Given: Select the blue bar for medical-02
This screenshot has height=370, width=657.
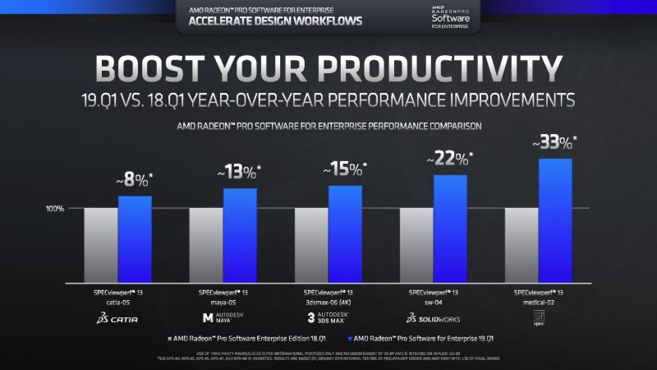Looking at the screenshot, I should pos(554,220).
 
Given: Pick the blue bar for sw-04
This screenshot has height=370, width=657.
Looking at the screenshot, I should pos(450,229).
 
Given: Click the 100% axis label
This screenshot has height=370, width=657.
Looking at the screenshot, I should pos(55,209).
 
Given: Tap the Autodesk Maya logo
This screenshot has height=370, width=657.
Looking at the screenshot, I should pos(223,317).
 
